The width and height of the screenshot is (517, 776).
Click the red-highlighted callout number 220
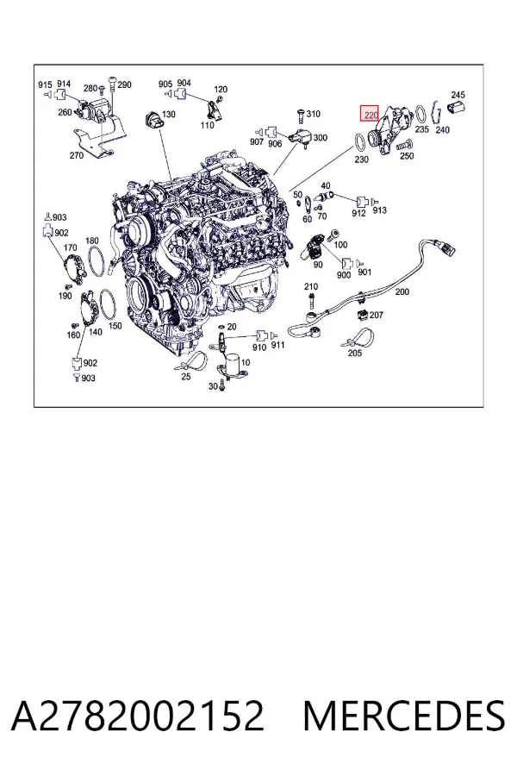[x=370, y=115]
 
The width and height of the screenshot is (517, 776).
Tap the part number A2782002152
[x=138, y=716]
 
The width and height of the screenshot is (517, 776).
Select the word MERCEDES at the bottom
[x=404, y=716]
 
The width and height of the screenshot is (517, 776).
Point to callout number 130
[x=169, y=115]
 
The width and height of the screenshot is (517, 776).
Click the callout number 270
[x=76, y=155]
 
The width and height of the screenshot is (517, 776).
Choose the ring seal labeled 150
[x=108, y=305]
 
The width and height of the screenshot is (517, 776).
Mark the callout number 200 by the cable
[x=402, y=291]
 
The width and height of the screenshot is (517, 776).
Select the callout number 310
[x=313, y=114]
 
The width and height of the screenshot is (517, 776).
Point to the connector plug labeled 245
[x=456, y=107]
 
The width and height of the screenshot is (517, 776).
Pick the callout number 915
[x=45, y=84]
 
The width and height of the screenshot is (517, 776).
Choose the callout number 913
[x=379, y=210]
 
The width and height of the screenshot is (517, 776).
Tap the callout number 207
[x=377, y=315]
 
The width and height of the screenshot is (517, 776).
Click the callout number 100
[x=341, y=245]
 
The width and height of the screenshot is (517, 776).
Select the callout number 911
[x=278, y=344]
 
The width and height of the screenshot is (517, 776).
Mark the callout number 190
[x=65, y=296]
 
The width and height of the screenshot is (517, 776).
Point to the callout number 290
[x=125, y=84]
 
